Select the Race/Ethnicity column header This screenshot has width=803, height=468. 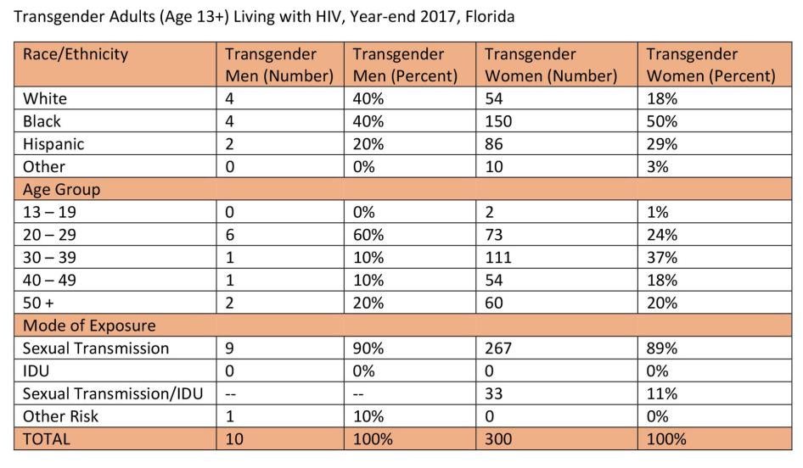(76, 54)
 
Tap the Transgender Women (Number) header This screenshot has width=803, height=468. (550, 64)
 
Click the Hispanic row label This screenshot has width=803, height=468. (54, 144)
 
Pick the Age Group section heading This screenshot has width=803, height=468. (61, 189)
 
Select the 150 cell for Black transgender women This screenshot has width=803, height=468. (498, 121)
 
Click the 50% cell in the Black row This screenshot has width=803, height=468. (662, 121)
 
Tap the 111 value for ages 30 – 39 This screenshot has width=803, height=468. (497, 258)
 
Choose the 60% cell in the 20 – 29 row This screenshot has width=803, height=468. (368, 235)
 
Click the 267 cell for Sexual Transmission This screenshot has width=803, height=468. (498, 348)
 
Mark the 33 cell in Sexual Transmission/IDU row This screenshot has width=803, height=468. (494, 393)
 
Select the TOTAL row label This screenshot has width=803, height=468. (47, 439)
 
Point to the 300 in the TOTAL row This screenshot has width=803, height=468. (498, 439)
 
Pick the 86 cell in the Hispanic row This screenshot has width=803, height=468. (494, 144)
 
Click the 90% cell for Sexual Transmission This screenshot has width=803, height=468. (368, 348)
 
